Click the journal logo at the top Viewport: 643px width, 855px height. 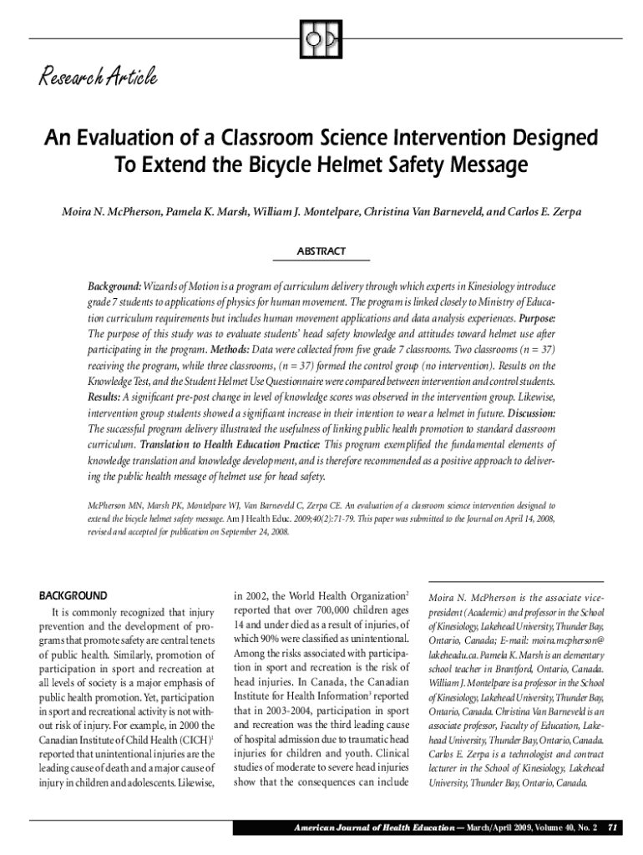(x=321, y=38)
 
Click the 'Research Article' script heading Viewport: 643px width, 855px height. (x=97, y=78)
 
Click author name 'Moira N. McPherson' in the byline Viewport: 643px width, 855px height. (x=111, y=212)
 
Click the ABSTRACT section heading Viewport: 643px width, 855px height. (x=321, y=251)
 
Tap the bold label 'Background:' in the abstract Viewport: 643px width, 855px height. (x=114, y=286)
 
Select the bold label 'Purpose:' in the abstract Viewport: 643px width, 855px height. (x=537, y=319)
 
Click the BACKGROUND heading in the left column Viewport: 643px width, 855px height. (x=73, y=596)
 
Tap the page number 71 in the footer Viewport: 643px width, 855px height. (x=612, y=827)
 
